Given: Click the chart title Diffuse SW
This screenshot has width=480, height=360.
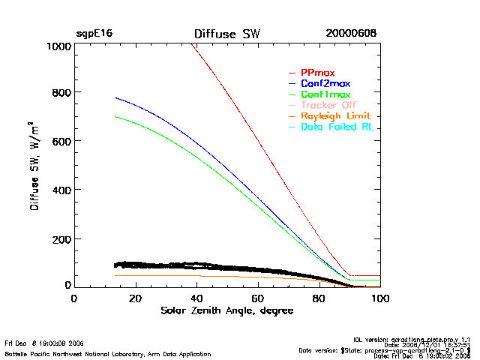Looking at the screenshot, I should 226,34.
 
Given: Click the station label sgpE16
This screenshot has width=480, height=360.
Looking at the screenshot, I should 94,34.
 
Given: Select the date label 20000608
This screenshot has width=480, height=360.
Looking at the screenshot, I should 351,34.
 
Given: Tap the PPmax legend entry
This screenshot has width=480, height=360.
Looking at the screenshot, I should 318,72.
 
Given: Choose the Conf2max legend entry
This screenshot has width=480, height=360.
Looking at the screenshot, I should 325,83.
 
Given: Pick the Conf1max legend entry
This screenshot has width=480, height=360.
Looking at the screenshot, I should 325,94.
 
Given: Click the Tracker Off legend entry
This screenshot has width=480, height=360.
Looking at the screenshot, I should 328,106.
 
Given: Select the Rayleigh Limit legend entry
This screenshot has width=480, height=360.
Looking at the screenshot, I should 336,116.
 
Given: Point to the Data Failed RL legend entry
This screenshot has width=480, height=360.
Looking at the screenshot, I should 337,127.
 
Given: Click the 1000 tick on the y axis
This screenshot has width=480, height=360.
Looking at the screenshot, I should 58,46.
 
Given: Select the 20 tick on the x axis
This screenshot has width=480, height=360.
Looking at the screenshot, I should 135,298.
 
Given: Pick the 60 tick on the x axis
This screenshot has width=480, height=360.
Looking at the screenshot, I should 258,298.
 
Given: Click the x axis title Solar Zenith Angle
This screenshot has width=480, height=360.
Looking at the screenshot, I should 226,310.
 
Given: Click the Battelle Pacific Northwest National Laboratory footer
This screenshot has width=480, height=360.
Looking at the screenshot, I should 108,353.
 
